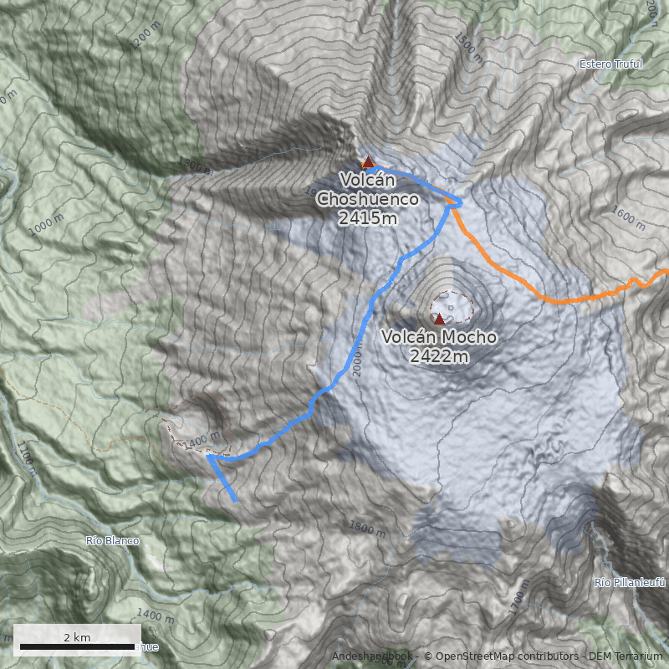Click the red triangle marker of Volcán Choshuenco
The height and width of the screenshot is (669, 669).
368,161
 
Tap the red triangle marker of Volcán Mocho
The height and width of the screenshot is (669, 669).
439,319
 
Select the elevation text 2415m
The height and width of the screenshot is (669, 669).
368,218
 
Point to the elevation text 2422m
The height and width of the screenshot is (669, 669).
439,357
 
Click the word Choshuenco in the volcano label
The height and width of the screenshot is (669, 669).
368,199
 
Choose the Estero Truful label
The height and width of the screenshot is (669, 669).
610,64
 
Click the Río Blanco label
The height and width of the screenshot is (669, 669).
112,541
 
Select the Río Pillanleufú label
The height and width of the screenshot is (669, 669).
630,582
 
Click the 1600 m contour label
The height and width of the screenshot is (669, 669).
628,219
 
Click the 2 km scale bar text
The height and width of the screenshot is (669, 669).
77,637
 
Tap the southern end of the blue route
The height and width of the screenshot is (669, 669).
236,500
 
